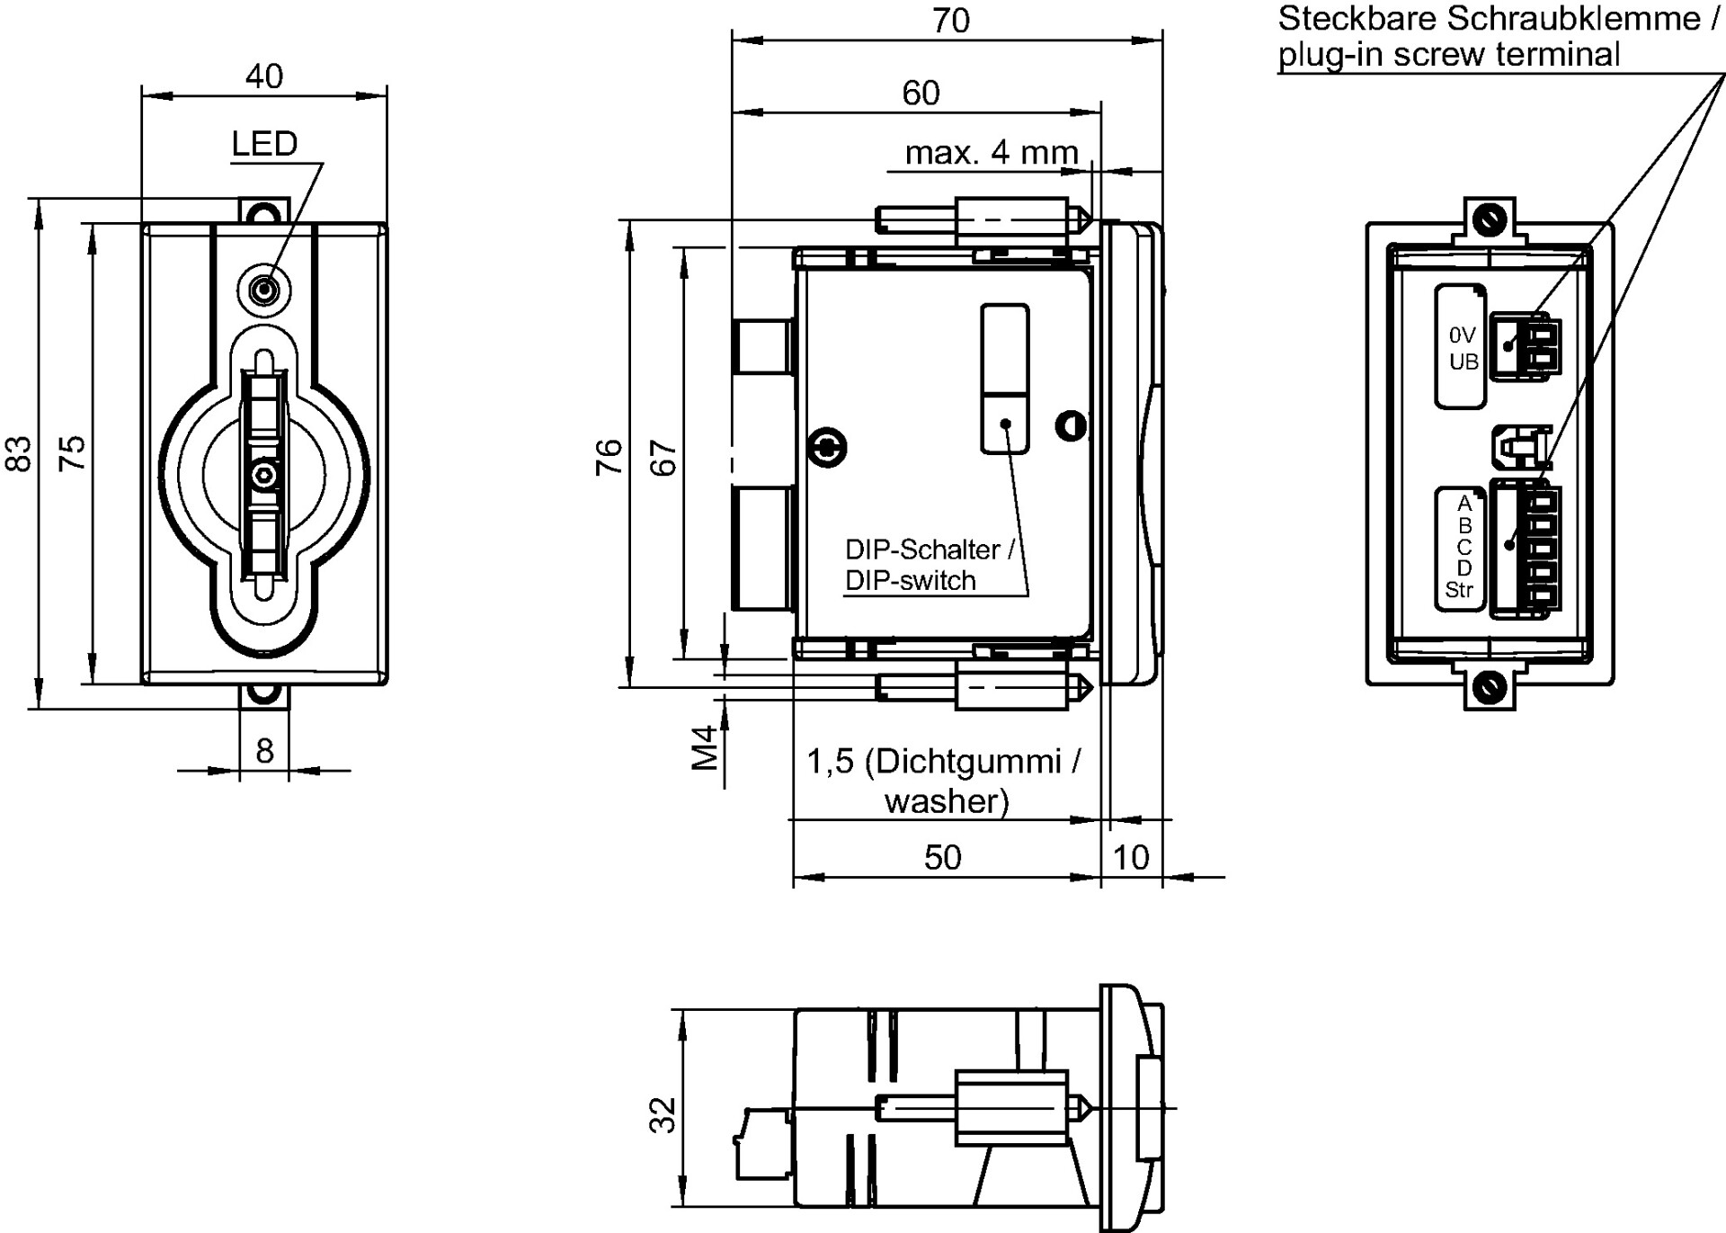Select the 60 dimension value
pyautogui.click(x=921, y=94)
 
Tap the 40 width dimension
pyautogui.click(x=264, y=76)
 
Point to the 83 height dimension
pyautogui.click(x=20, y=453)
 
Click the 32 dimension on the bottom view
pyautogui.click(x=663, y=1114)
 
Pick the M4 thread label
pyautogui.click(x=707, y=747)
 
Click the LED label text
pyautogui.click(x=264, y=144)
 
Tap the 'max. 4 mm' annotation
pyautogui.click(x=992, y=153)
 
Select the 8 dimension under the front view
pyautogui.click(x=264, y=750)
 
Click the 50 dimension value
pyautogui.click(x=943, y=858)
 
